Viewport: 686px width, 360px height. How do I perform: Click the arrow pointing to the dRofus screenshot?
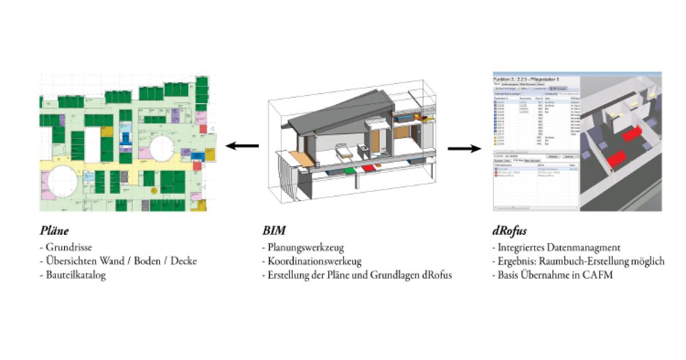(x=464, y=149)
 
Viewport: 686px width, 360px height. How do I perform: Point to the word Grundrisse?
(x=69, y=248)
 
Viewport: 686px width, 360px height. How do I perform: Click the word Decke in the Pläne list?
(x=183, y=262)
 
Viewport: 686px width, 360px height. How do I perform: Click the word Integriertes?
(x=521, y=248)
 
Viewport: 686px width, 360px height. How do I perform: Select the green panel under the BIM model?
(x=348, y=170)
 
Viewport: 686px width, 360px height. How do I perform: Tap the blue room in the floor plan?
(x=125, y=139)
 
